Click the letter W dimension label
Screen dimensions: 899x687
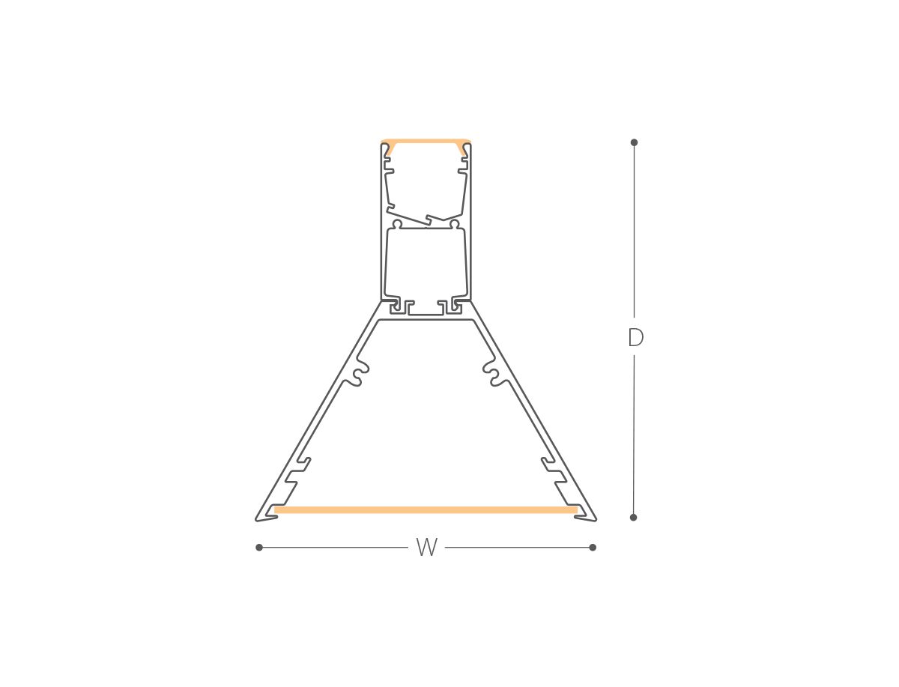pos(427,547)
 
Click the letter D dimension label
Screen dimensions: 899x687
pos(635,338)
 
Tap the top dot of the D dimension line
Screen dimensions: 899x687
pos(634,142)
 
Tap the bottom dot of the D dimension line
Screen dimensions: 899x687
pos(633,518)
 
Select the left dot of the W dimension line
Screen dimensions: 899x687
pos(259,548)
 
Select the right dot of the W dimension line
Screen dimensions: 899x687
pos(593,548)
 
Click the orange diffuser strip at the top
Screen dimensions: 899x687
pos(426,142)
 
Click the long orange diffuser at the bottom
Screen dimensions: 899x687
pos(426,509)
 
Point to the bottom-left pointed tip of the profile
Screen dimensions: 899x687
pos(256,521)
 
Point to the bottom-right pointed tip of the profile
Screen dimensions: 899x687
pos(596,521)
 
